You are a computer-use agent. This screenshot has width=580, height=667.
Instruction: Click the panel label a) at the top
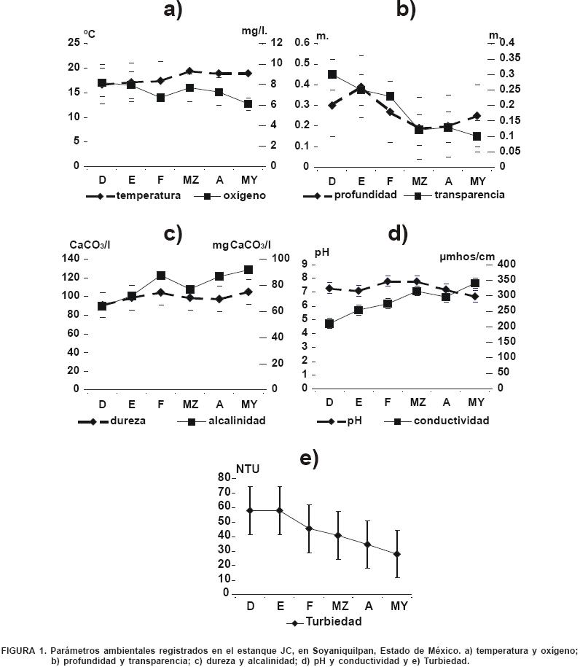click(x=173, y=10)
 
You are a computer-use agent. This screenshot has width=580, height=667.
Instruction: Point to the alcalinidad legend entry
click(x=236, y=421)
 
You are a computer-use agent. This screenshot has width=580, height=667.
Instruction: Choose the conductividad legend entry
click(x=450, y=421)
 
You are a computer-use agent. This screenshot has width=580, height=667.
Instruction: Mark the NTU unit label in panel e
click(x=248, y=469)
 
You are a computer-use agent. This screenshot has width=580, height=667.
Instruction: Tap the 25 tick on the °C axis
click(x=73, y=43)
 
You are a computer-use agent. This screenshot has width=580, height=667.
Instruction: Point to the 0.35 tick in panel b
click(x=510, y=58)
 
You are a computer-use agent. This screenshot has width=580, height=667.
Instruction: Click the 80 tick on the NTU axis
click(x=223, y=477)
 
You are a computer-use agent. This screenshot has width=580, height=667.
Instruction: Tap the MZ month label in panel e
click(x=340, y=606)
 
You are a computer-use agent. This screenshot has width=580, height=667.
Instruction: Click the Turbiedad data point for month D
click(x=250, y=510)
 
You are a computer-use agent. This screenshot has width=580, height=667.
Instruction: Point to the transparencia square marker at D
click(x=332, y=74)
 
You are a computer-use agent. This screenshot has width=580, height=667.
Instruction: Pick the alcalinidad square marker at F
click(x=160, y=276)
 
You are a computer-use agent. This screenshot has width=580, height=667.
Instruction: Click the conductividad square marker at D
click(x=329, y=324)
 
